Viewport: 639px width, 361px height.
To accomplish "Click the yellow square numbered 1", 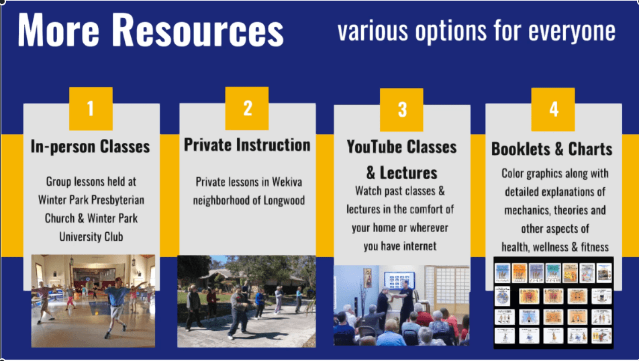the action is [91, 109].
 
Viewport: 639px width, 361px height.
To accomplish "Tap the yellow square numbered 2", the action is [247, 109].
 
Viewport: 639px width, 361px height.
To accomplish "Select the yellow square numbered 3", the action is [401, 109].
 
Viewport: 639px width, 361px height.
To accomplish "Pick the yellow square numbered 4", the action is [553, 109].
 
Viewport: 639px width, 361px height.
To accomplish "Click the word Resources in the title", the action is [197, 30].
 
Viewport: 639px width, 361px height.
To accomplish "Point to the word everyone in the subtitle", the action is [572, 32].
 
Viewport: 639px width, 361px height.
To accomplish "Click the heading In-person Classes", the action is [90, 146].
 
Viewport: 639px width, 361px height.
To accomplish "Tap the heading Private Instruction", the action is [247, 145].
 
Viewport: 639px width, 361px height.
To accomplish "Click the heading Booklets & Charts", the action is [552, 149].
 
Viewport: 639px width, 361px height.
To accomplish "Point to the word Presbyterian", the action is [117, 200].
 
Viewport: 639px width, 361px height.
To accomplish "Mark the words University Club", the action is [91, 237].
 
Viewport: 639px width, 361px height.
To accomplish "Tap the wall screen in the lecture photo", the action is [399, 280].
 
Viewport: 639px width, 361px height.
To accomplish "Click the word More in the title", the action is [58, 30].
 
